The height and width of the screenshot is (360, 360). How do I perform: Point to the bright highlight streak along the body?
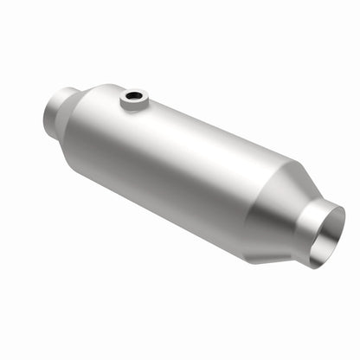click(x=173, y=130)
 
